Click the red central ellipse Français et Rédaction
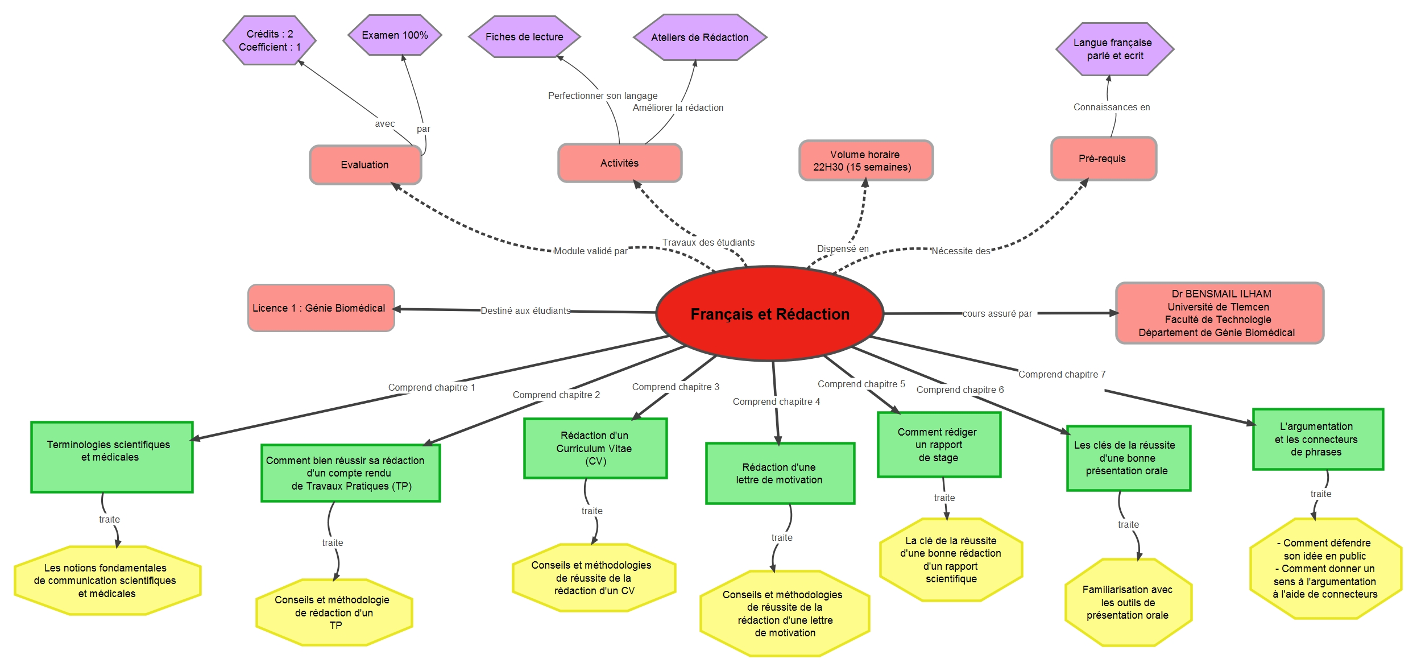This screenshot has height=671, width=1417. pyautogui.click(x=770, y=313)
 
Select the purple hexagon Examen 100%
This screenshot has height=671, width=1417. pyautogui.click(x=395, y=35)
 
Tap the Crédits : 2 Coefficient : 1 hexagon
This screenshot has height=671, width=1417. pyautogui.click(x=270, y=40)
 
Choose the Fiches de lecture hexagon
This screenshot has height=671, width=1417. pyautogui.click(x=524, y=37)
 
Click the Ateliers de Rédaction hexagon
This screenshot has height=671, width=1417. pyautogui.click(x=700, y=38)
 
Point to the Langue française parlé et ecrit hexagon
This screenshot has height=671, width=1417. pyautogui.click(x=1114, y=49)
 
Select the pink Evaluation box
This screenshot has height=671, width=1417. pyautogui.click(x=366, y=165)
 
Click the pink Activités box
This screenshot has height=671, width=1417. pyautogui.click(x=620, y=163)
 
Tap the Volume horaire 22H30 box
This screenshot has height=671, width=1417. pyautogui.click(x=866, y=161)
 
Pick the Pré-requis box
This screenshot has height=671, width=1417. pyautogui.click(x=1104, y=159)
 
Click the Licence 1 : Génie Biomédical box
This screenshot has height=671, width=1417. pyautogui.click(x=321, y=308)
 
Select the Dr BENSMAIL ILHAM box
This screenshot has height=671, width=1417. pyautogui.click(x=1220, y=313)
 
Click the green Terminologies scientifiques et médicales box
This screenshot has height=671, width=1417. pyautogui.click(x=112, y=457)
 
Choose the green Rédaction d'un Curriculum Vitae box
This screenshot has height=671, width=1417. pyautogui.click(x=595, y=449)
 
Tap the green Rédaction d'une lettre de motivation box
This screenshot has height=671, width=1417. pyautogui.click(x=780, y=474)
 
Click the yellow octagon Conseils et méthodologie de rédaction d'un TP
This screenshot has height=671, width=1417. pyautogui.click(x=334, y=612)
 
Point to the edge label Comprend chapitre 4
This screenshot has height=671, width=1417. pyautogui.click(x=776, y=402)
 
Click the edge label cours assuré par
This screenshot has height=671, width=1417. pyautogui.click(x=997, y=314)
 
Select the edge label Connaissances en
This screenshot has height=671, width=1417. pyautogui.click(x=1112, y=107)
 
